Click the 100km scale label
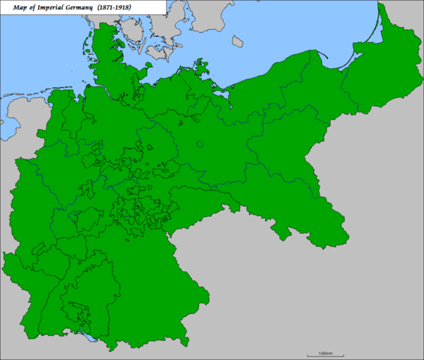[325, 352]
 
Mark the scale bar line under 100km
[325, 347]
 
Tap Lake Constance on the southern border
[92, 341]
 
